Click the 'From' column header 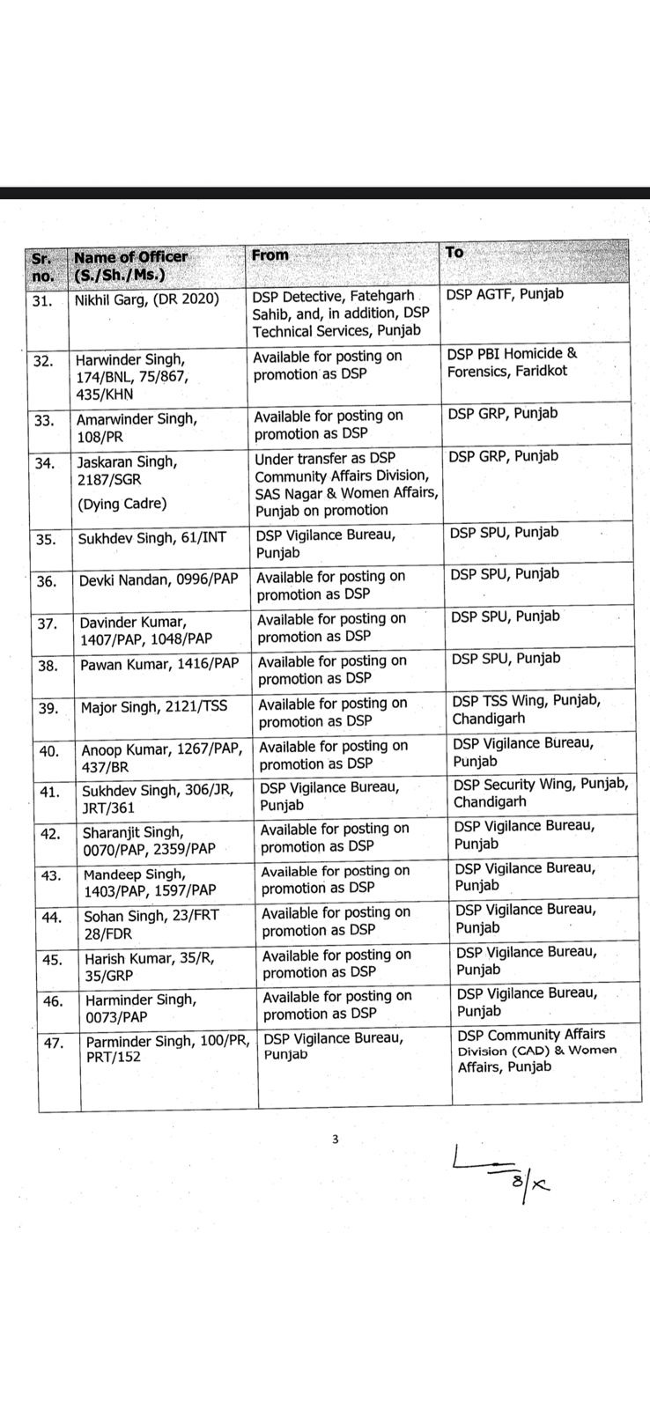(270, 255)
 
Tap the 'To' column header (454, 253)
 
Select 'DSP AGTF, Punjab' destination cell (505, 294)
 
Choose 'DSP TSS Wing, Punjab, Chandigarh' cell (526, 709)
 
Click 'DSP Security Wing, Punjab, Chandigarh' (540, 793)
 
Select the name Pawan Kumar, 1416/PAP (159, 665)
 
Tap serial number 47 (55, 1044)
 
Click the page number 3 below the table (335, 1140)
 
